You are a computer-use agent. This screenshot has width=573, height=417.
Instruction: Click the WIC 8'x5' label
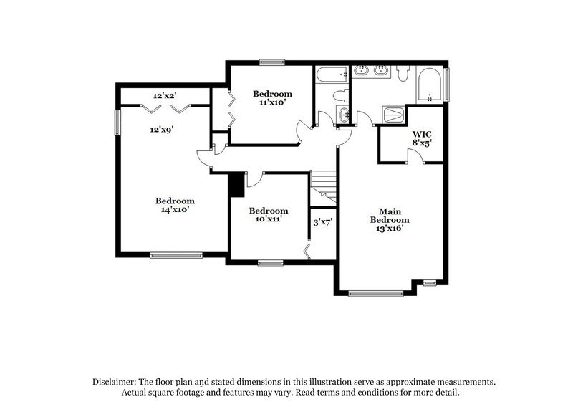point(421,138)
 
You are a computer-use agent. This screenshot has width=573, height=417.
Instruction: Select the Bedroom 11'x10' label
point(272,98)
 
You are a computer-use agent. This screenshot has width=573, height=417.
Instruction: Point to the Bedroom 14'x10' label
point(175,205)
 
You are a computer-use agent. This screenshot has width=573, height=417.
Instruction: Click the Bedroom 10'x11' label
point(268,214)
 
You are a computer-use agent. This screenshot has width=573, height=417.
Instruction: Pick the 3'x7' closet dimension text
point(323,222)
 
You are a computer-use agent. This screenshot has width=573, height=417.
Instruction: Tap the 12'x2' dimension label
point(165,95)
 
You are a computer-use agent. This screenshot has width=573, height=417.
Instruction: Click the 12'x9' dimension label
point(162,130)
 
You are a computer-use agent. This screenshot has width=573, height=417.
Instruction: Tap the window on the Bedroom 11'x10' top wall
point(272,62)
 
